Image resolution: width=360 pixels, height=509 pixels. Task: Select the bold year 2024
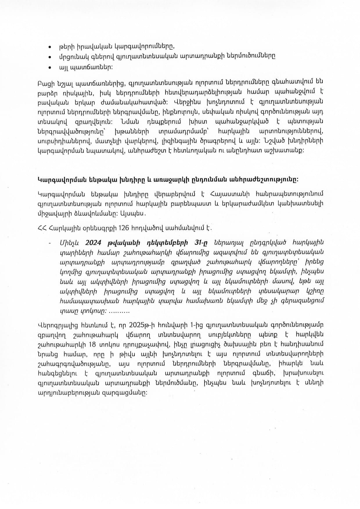point(96,242)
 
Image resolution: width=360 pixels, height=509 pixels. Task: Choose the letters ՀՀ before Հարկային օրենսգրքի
point(42,228)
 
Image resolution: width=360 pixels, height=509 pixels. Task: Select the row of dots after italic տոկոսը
point(119,311)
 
